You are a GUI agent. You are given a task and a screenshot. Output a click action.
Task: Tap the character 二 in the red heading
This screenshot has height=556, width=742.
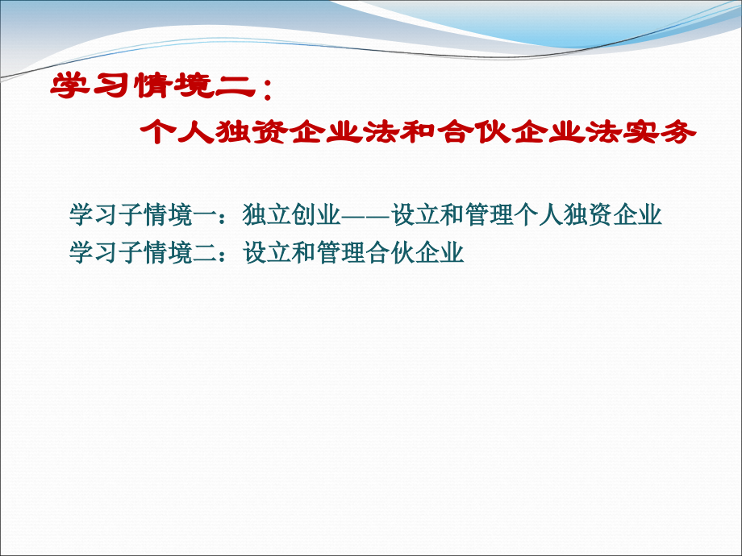[x=236, y=86]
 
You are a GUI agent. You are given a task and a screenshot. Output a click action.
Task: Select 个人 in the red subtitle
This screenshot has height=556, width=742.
[x=177, y=131]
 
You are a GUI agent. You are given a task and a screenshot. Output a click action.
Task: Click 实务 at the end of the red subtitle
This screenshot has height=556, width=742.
[x=659, y=131]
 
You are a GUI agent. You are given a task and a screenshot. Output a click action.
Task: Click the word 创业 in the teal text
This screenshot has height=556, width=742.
[x=316, y=214]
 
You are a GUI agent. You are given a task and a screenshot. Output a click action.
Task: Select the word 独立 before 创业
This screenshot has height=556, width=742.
[x=267, y=214]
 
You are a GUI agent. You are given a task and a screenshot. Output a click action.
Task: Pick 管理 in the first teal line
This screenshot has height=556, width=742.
[x=489, y=214]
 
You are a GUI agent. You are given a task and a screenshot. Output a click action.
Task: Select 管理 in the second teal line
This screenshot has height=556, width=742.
[x=340, y=252]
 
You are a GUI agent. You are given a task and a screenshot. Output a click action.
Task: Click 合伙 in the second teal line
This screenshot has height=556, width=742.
[x=390, y=252]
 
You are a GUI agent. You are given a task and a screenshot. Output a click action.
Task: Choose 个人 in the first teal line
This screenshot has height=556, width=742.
[x=539, y=214]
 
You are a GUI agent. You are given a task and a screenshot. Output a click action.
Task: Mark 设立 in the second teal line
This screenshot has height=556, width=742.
[x=267, y=252]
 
